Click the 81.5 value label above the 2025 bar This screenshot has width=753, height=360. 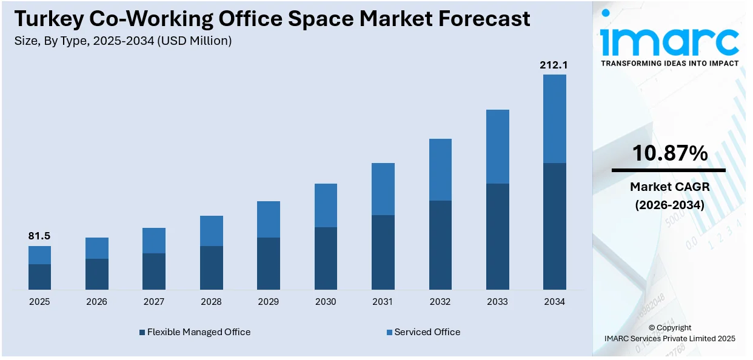[39, 236]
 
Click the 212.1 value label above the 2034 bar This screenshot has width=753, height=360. [554, 65]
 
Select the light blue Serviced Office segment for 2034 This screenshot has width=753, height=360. [554, 119]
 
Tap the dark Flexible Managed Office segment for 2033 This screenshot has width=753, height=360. [497, 236]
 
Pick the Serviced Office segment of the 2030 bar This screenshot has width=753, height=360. [326, 205]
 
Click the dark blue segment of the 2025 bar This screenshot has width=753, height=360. [39, 277]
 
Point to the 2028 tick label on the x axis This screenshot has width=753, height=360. [211, 302]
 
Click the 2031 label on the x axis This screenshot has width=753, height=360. [383, 302]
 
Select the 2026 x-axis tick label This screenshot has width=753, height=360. [96, 302]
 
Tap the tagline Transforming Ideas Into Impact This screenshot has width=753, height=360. [669, 63]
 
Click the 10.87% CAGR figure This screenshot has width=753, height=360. [669, 153]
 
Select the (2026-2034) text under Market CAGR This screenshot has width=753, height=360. [669, 205]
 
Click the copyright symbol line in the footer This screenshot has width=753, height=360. [669, 328]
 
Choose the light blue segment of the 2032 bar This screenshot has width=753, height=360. [440, 170]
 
